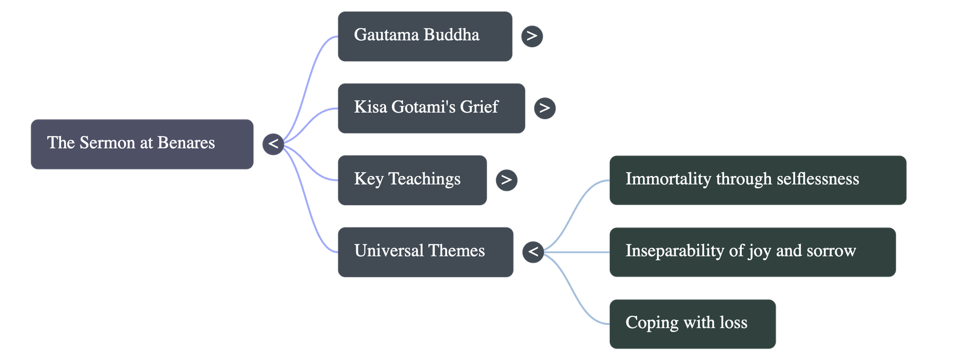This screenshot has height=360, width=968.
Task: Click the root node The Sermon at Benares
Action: pyautogui.click(x=142, y=143)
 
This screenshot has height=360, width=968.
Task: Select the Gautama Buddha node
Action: pyautogui.click(x=424, y=36)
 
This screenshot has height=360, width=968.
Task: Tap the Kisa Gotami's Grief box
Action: pyautogui.click(x=431, y=108)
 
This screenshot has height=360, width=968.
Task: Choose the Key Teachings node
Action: pyautogui.click(x=411, y=180)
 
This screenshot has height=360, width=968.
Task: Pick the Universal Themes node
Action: pyautogui.click(x=425, y=252)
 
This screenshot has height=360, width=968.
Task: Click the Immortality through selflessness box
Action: pyautogui.click(x=757, y=180)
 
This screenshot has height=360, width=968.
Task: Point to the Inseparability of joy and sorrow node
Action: pyautogui.click(x=752, y=252)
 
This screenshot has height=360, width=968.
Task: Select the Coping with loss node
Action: pyautogui.click(x=692, y=323)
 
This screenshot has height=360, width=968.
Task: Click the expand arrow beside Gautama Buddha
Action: pyautogui.click(x=532, y=36)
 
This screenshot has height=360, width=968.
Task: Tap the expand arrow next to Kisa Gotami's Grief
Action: pyautogui.click(x=544, y=108)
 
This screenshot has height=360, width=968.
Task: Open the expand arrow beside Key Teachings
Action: pyautogui.click(x=506, y=180)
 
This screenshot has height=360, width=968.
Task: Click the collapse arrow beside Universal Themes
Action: pyautogui.click(x=533, y=251)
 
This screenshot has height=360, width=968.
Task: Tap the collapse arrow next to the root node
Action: pyautogui.click(x=273, y=144)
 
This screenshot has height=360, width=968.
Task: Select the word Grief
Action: pyautogui.click(x=479, y=107)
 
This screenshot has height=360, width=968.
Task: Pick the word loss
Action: pyautogui.click(x=733, y=323)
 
